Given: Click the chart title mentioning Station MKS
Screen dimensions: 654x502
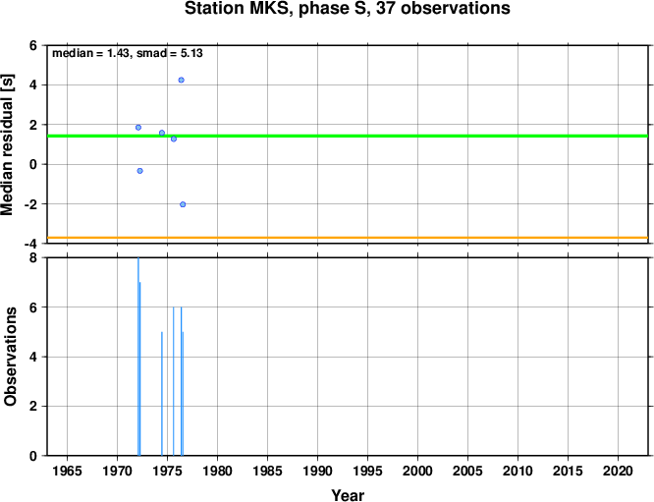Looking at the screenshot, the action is [347, 8].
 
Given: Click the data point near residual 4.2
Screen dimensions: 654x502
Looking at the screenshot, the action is [181, 81].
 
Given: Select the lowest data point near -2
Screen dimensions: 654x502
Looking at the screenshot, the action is [183, 204].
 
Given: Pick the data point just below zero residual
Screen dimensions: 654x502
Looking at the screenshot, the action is [140, 171].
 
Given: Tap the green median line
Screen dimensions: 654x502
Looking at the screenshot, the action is [348, 136].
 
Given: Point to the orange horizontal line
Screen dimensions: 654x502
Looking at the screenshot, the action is [348, 238].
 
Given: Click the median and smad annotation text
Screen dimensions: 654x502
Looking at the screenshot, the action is [128, 53].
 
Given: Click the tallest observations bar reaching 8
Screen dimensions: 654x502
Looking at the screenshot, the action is [138, 357].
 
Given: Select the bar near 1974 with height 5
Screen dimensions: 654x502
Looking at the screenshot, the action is [162, 394].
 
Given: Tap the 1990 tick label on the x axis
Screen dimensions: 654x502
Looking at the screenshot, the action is [317, 472].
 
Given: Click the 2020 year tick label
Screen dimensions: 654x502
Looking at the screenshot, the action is [618, 472].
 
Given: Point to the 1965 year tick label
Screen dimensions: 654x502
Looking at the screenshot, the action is [67, 472].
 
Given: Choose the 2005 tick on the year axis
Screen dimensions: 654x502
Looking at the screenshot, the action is [467, 472].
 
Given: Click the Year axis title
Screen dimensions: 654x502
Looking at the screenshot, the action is [348, 495].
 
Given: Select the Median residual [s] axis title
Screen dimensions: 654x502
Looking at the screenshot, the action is [8, 144].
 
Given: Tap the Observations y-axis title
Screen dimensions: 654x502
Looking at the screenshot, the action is [10, 357].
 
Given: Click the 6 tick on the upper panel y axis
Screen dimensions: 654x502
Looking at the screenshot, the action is [33, 45].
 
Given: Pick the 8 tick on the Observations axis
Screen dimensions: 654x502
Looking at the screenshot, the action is [33, 258].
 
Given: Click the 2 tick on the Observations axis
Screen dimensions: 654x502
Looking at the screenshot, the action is [33, 407].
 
